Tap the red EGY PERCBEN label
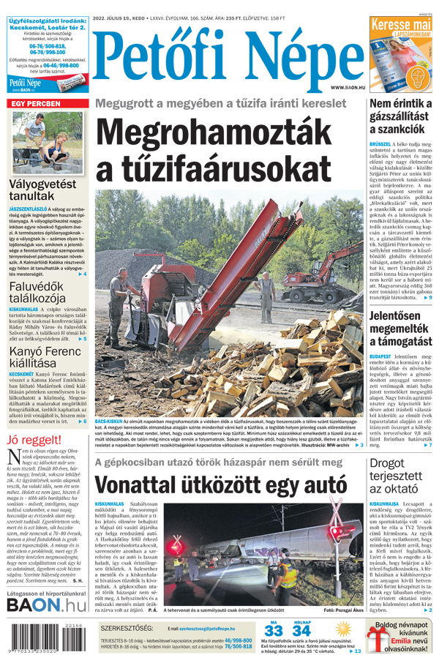tap(34, 105)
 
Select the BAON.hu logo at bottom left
tap(45, 605)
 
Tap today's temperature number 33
tap(274, 632)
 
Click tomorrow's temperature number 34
tap(301, 632)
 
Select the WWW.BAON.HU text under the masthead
tap(345, 87)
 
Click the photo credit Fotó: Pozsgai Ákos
tap(343, 610)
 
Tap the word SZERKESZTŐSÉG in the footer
tap(126, 629)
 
